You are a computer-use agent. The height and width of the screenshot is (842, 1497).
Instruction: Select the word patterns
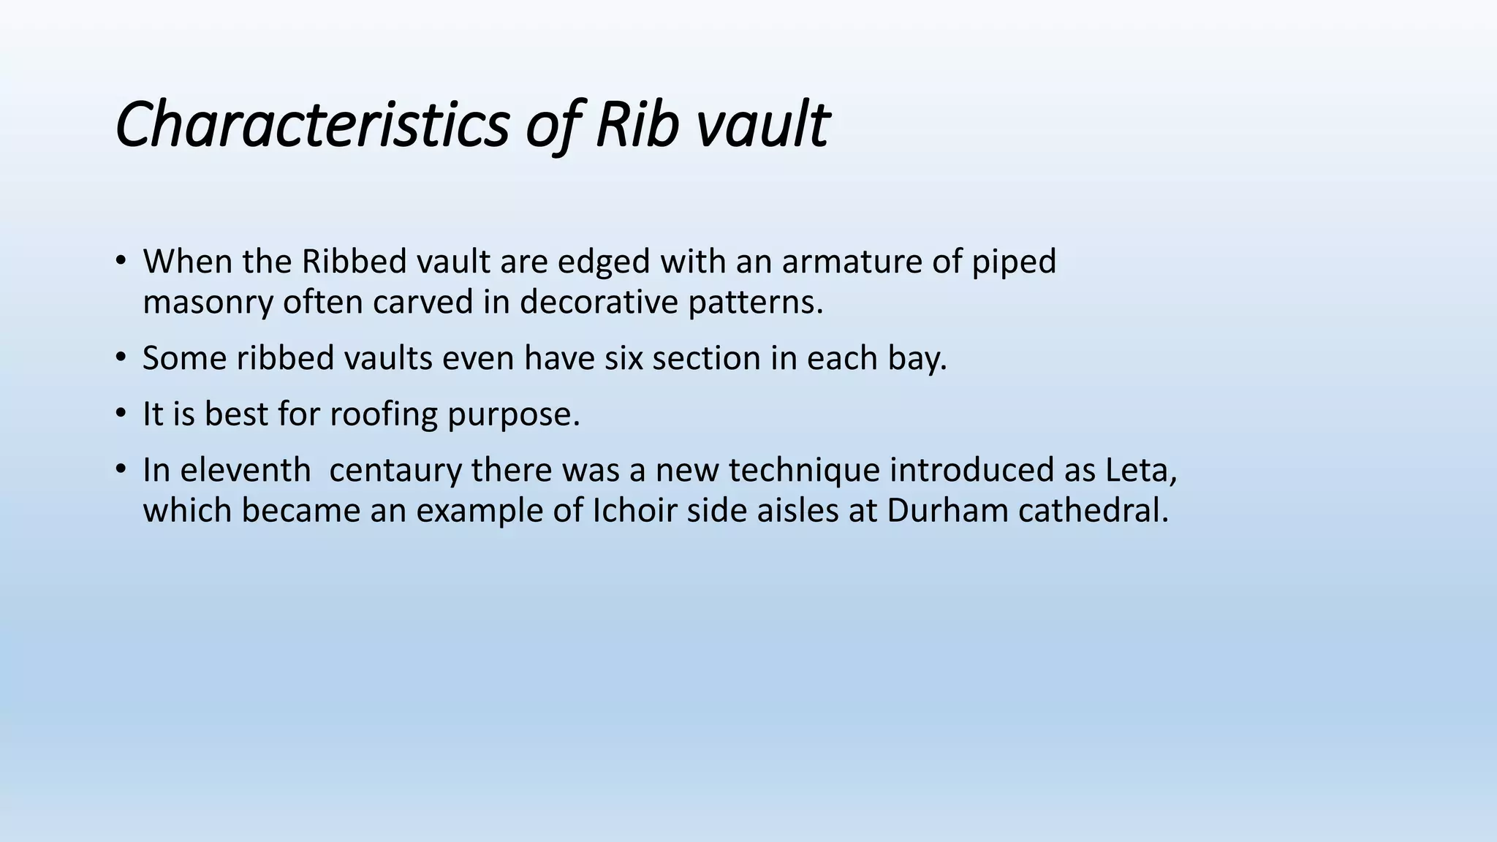(x=756, y=302)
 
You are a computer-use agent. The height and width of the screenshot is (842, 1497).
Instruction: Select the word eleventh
(x=227, y=470)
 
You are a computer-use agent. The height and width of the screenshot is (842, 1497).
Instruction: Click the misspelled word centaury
(x=395, y=470)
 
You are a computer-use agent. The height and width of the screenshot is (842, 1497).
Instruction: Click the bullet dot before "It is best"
(x=121, y=414)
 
